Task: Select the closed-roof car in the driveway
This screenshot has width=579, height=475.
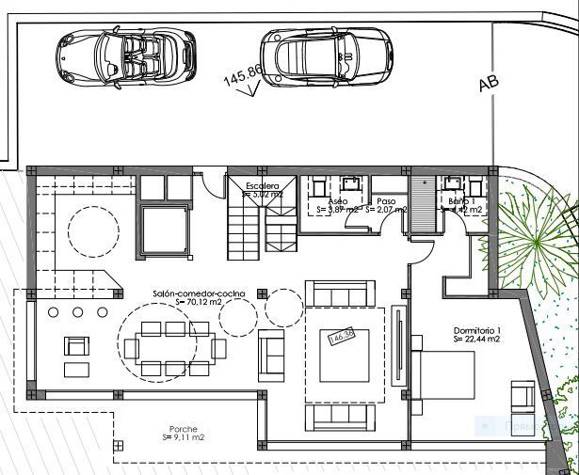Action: (x=326, y=56)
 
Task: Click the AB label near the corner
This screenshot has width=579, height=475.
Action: (x=488, y=82)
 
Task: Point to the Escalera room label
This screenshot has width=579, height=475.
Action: (x=263, y=186)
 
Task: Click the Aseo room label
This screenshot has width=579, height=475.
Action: (x=338, y=201)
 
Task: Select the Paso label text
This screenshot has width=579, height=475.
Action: (x=385, y=201)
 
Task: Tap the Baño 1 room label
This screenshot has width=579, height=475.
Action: (x=460, y=201)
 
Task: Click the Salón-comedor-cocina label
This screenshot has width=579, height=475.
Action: (x=199, y=293)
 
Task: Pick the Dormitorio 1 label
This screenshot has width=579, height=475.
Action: (x=478, y=330)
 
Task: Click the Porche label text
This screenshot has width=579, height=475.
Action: (x=183, y=429)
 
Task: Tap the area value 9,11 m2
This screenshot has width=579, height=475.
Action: (x=185, y=437)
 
